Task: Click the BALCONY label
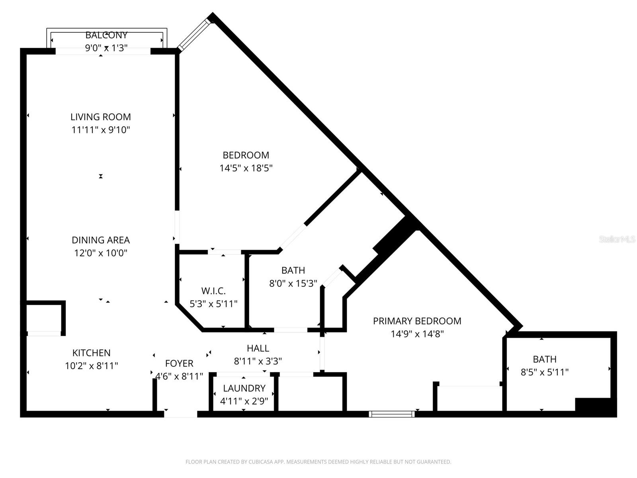(106, 35)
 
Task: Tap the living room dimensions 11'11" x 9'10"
(101, 130)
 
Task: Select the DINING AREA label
(101, 240)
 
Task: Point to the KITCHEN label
(91, 353)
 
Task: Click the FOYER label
(179, 363)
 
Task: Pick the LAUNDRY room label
(244, 388)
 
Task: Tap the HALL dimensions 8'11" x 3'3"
(258, 361)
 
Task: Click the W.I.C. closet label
(213, 291)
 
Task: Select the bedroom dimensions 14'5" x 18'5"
(246, 168)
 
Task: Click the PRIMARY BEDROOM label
(417, 321)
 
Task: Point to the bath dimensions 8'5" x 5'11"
(544, 372)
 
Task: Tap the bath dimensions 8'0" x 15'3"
(293, 284)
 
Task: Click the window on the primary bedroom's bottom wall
(392, 414)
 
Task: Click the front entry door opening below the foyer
(180, 414)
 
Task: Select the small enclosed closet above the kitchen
(44, 317)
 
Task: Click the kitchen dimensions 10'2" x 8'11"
(91, 366)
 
